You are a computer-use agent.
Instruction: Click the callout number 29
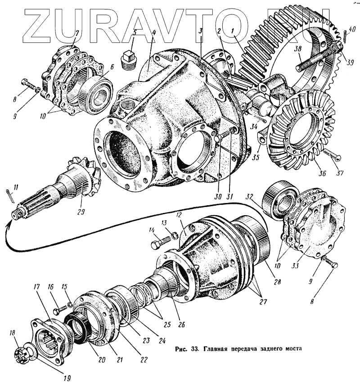pos(81,211)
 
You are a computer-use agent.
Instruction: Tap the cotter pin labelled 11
pos(12,194)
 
